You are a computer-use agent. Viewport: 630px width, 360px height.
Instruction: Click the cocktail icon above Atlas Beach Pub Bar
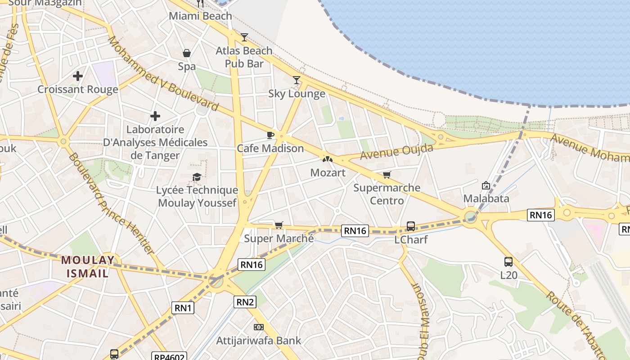coord(244,37)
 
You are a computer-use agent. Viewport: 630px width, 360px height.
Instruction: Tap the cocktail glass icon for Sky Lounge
coord(297,80)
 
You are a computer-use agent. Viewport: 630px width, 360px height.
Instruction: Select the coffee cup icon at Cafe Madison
coord(270,135)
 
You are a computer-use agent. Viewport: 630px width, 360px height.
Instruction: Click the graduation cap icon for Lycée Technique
coord(197,177)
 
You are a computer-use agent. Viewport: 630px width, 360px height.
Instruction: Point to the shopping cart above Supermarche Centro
coord(387,175)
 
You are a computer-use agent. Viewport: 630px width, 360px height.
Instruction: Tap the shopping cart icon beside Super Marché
coord(279,225)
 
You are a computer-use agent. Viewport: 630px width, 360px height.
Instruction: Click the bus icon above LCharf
coord(411,226)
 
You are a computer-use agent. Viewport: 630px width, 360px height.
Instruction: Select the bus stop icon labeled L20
coord(508,261)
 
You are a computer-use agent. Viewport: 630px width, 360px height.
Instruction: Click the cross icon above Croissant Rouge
coord(78,76)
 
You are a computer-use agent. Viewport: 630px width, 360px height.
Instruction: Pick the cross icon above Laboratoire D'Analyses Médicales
coord(155,116)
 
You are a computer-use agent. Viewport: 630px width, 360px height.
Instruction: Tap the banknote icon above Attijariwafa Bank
coord(258,327)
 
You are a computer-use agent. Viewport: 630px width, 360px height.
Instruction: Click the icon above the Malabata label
coord(486,185)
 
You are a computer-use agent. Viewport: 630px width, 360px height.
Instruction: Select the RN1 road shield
coord(183,308)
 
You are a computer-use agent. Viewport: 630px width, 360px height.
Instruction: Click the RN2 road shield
coord(245,302)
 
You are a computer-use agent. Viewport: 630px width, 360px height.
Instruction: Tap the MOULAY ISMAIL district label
coord(88,266)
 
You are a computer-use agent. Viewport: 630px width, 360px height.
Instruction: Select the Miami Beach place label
coord(200,16)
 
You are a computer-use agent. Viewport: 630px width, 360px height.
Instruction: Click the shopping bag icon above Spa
coord(187,53)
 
